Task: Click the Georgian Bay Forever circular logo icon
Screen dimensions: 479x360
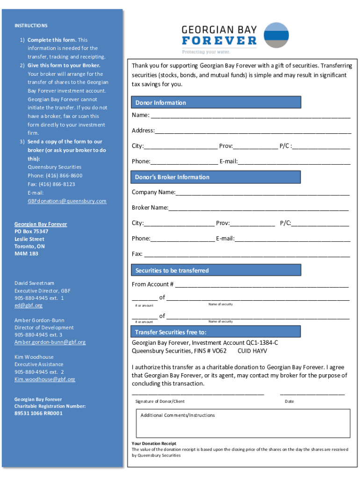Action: (276, 35)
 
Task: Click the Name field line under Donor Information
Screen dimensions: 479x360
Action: (250, 116)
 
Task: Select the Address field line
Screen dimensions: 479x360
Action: (252, 131)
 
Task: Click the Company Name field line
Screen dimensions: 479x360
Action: (262, 193)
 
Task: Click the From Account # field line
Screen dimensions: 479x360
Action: (262, 285)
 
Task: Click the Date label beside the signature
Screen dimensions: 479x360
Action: (289, 401)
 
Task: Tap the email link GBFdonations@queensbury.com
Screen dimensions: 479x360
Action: (67, 201)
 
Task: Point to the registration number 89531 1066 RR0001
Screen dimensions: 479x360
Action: (38, 414)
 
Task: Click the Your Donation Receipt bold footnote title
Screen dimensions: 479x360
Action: (154, 443)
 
